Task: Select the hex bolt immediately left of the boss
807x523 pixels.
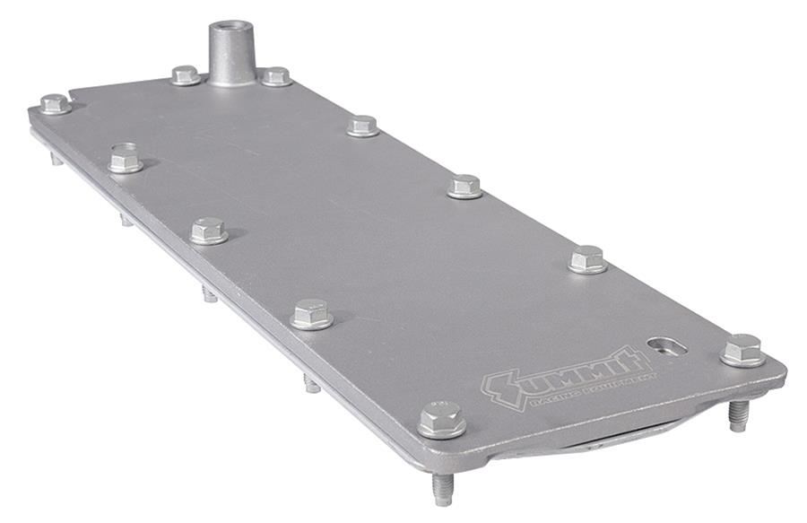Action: (186, 75)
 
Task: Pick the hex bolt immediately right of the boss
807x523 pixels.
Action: (276, 76)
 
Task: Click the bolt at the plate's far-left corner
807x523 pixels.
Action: (55, 104)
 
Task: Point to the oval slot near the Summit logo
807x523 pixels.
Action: (666, 344)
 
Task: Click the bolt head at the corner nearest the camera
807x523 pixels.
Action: (441, 418)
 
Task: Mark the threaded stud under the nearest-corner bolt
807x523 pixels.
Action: (441, 487)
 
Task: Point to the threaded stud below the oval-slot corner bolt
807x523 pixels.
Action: (738, 414)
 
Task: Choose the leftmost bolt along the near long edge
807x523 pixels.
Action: (126, 159)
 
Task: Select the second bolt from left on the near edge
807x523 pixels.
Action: (208, 231)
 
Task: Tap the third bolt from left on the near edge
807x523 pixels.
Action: (311, 314)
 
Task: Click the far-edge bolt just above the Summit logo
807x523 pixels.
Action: (587, 259)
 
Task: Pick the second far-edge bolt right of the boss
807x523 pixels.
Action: (362, 126)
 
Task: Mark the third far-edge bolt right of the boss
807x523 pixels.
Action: (464, 186)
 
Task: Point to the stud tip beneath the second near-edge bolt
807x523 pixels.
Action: (209, 293)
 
